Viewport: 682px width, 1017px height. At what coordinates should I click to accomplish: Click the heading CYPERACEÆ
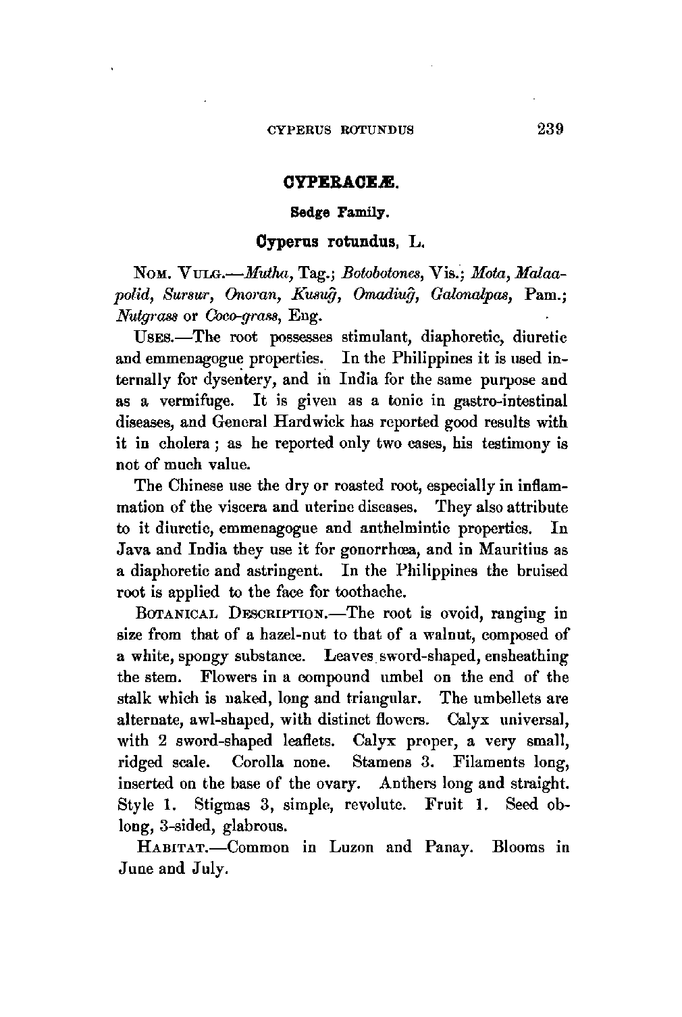[340, 182]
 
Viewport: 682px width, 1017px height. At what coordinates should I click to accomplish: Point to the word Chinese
[195, 486]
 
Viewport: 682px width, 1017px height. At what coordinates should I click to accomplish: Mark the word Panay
[448, 847]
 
